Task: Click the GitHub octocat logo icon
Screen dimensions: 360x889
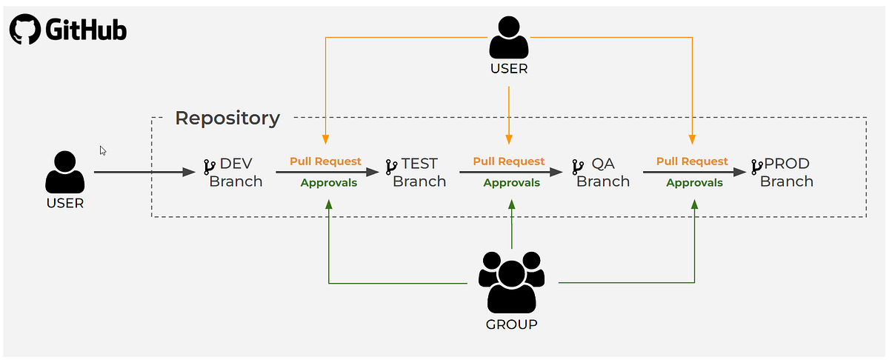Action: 24,30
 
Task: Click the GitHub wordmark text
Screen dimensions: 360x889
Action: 86,30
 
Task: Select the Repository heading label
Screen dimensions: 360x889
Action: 227,118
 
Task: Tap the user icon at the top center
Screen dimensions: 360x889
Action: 509,39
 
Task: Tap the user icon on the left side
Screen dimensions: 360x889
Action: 64,173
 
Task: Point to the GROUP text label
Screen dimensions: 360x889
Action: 511,324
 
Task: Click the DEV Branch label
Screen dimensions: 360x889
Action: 236,173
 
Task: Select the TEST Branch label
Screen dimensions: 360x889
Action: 419,173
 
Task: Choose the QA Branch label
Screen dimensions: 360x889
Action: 603,173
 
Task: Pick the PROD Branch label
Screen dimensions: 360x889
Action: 786,173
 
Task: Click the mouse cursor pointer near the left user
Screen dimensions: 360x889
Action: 103,150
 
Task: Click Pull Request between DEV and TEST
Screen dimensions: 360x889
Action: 325,161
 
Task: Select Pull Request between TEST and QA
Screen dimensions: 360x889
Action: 508,161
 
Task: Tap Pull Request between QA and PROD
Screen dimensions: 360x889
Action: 692,161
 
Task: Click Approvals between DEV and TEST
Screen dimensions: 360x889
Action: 328,183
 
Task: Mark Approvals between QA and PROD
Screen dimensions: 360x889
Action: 694,183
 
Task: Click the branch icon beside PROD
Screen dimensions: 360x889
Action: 757,166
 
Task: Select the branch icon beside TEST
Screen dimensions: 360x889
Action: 391,166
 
